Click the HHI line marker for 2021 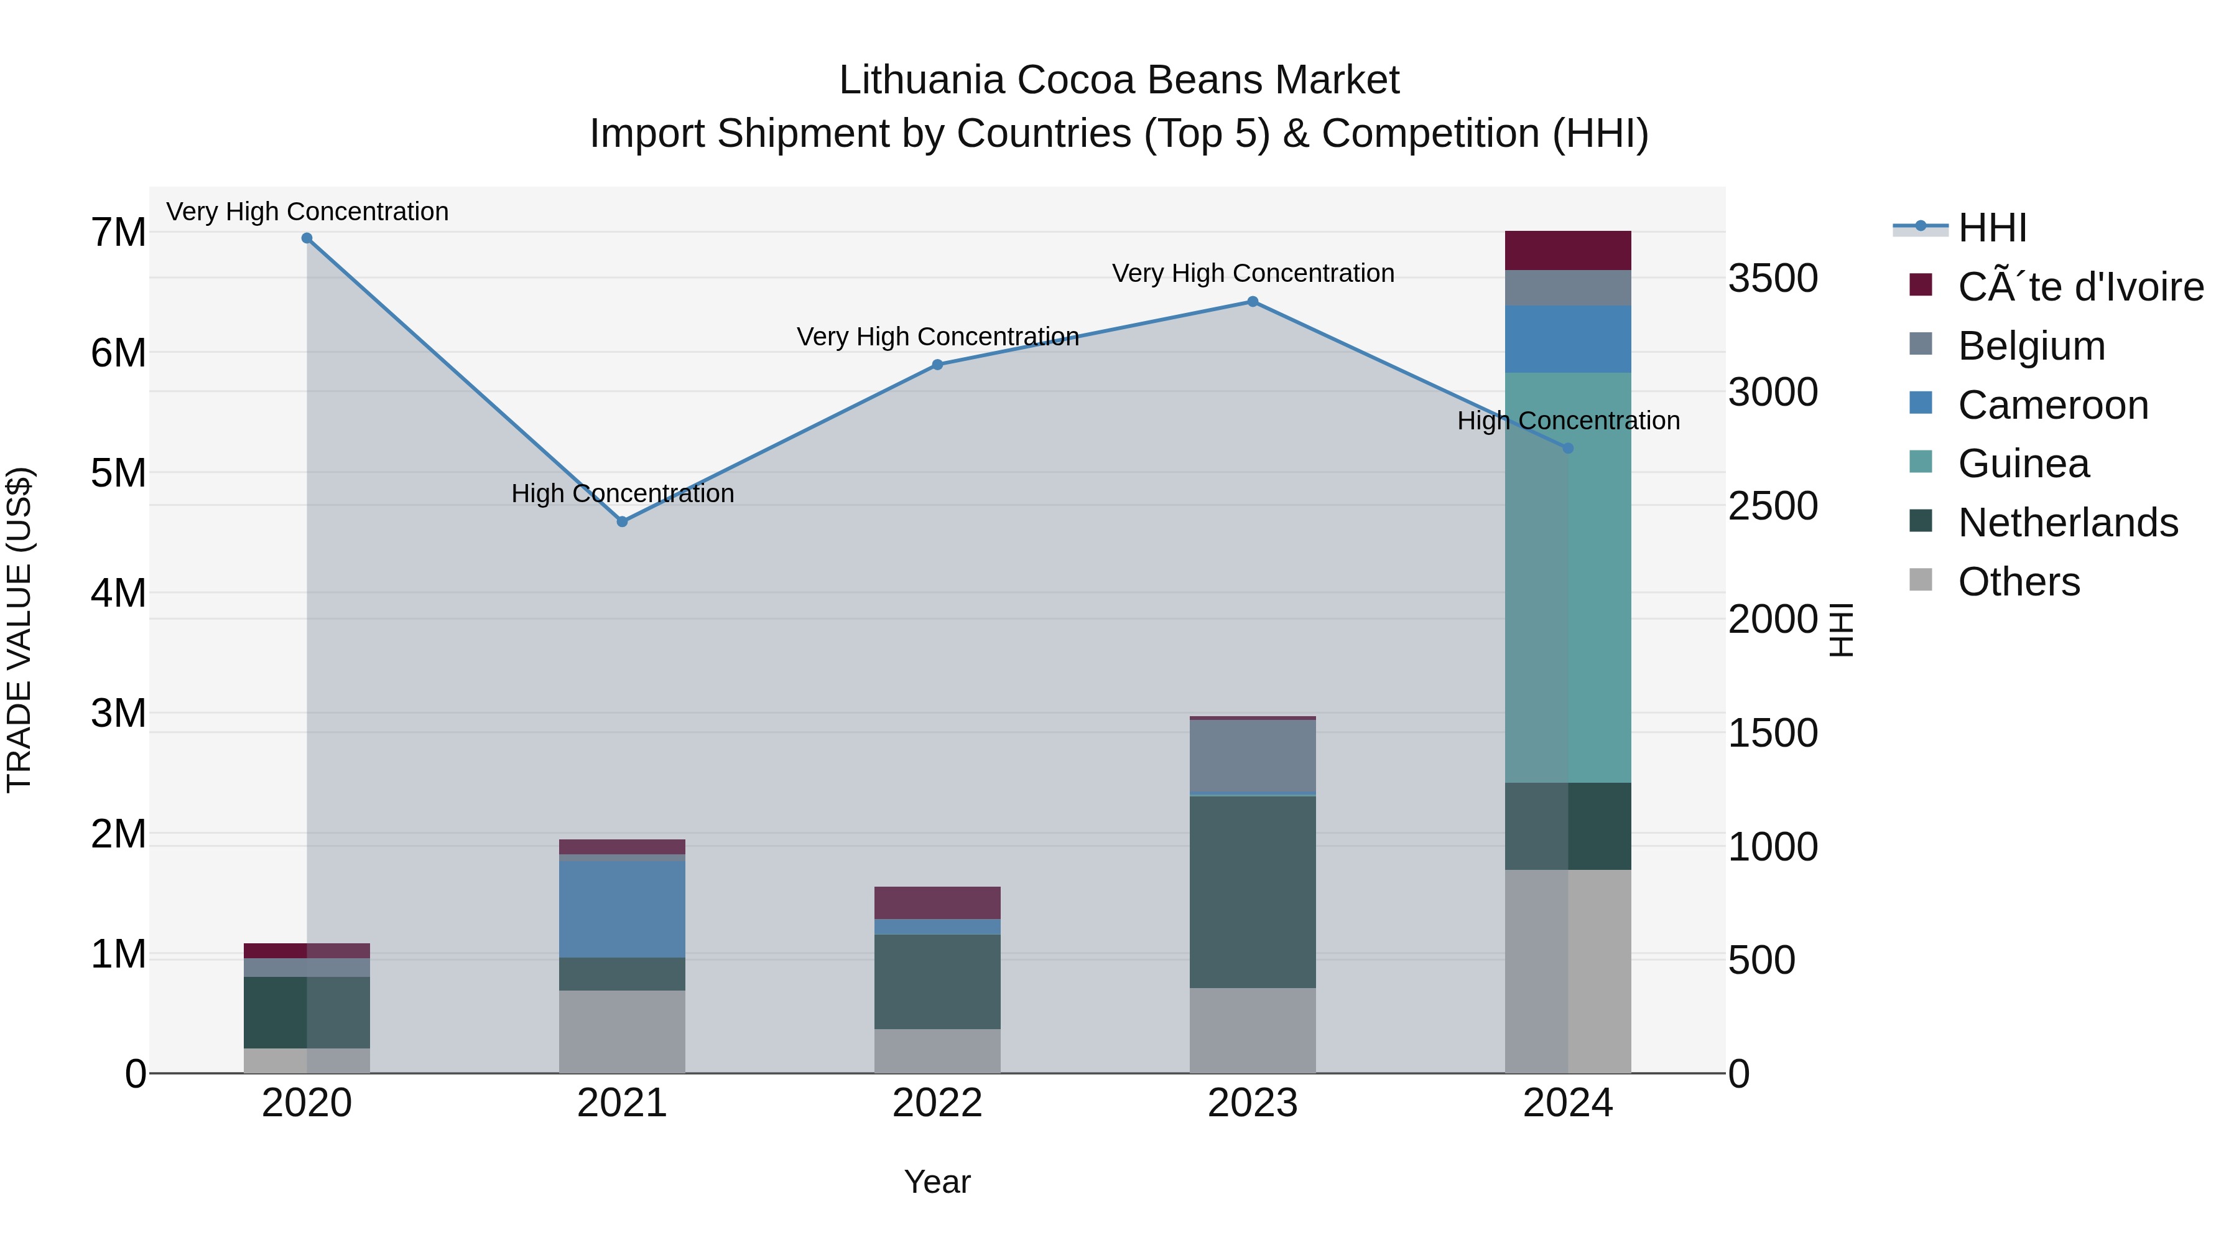coord(623,522)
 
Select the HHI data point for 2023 coord(1253,302)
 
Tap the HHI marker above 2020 coord(307,238)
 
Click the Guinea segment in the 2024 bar coord(1568,577)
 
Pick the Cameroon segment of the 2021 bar coord(623,908)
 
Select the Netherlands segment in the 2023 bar coord(1253,891)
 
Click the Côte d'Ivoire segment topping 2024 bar coord(1568,250)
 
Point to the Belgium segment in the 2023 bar coord(1253,755)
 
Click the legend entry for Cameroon coord(2052,405)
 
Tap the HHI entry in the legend coord(1991,228)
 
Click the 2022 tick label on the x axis coord(937,1103)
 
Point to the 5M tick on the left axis coord(118,474)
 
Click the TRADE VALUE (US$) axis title coord(19,630)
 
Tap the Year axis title coord(937,1182)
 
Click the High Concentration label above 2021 coord(623,493)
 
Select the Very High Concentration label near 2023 coord(1253,273)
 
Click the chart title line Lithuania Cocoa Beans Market coord(1119,80)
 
